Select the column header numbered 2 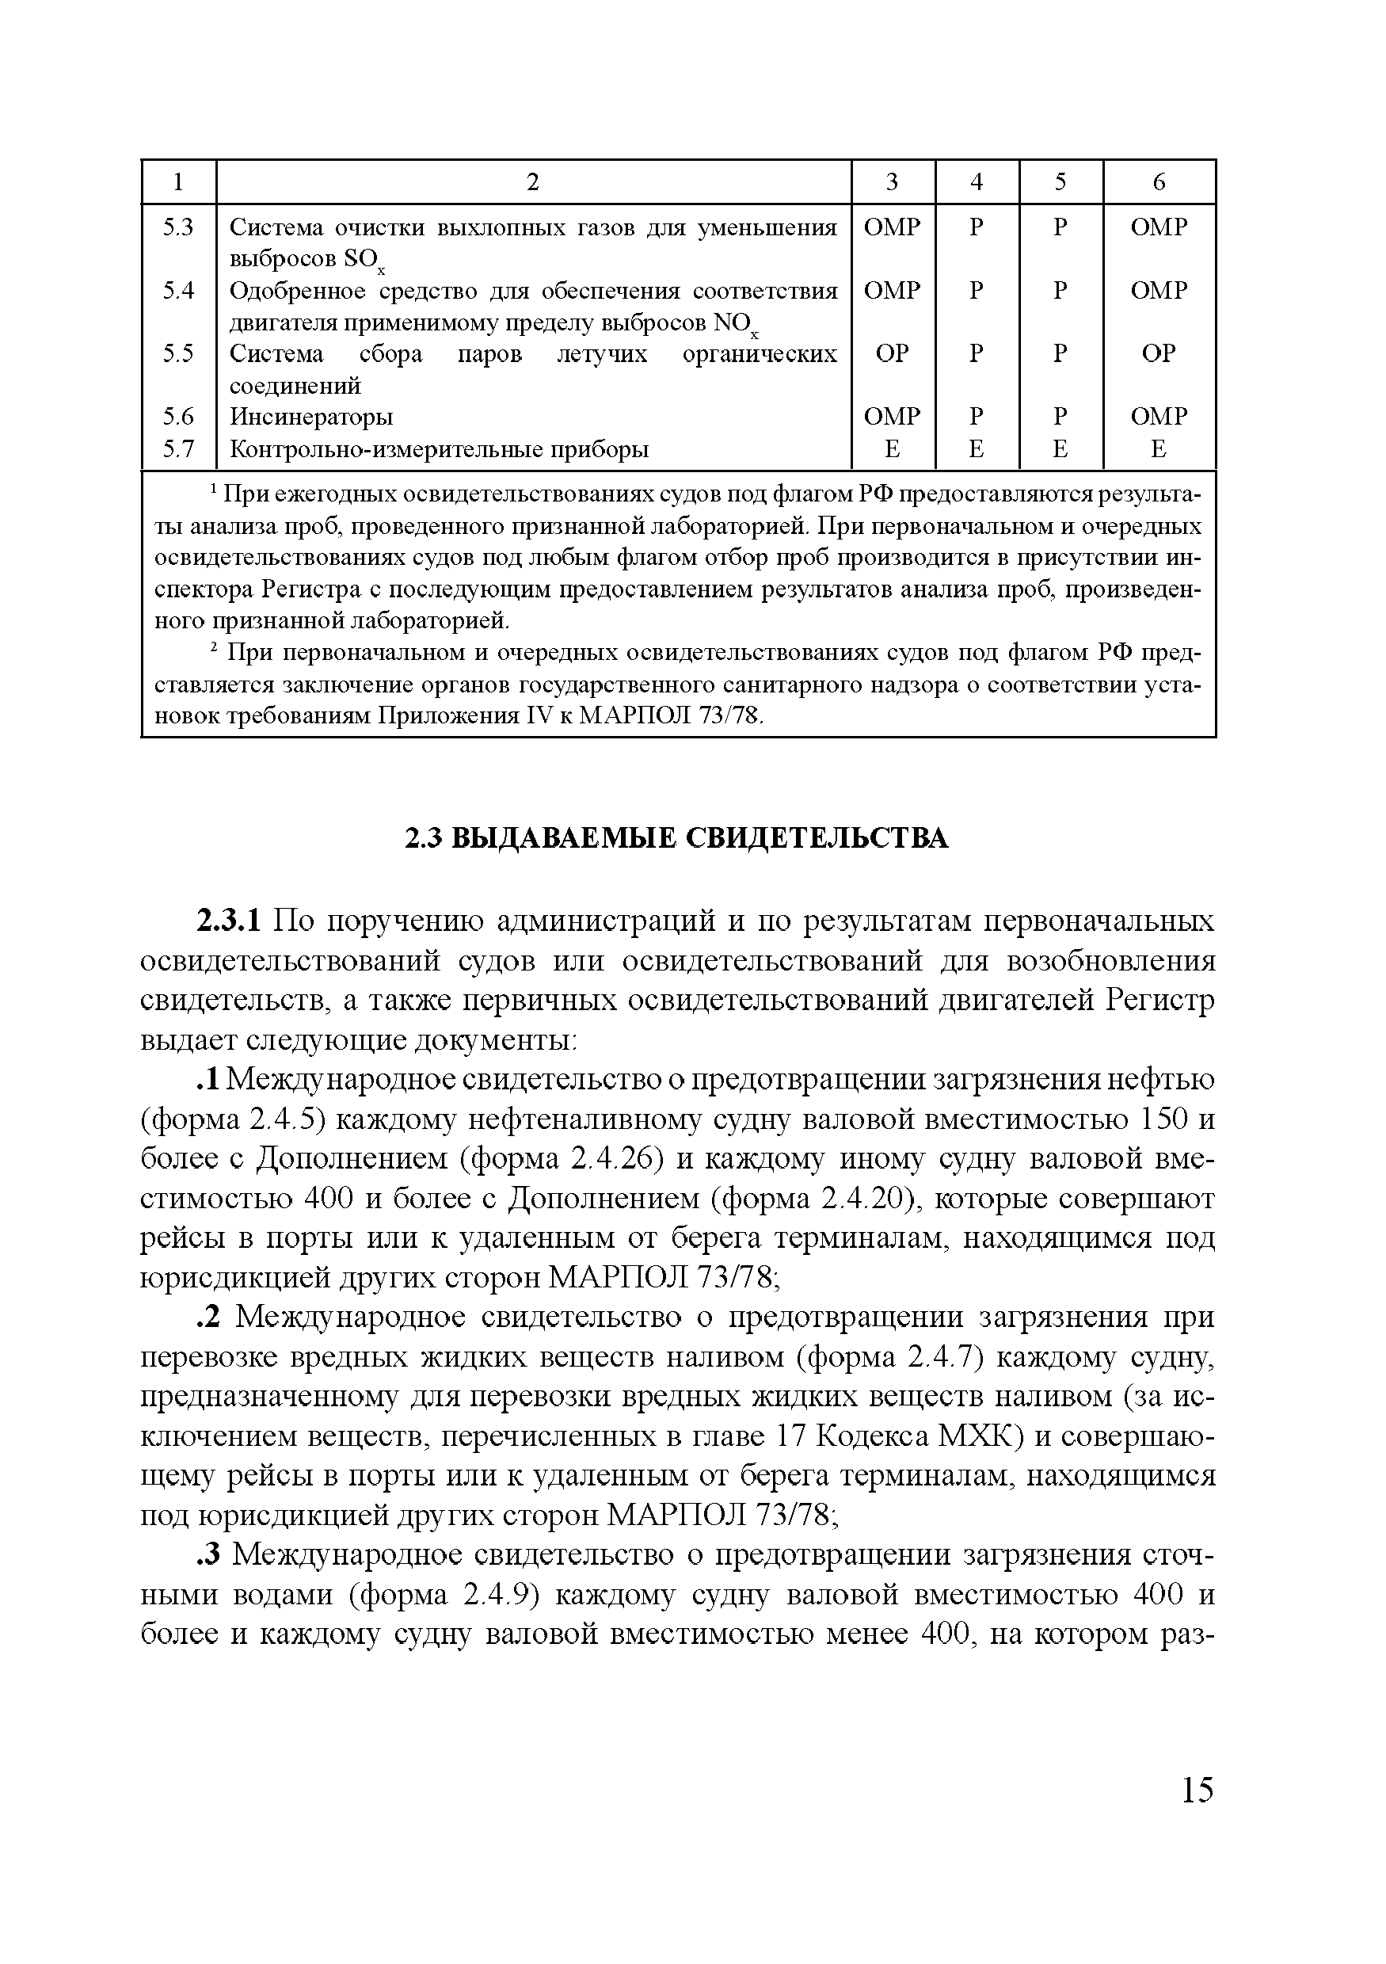coord(533,181)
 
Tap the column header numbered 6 coord(1159,181)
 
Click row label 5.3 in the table coord(179,227)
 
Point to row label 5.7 coord(179,448)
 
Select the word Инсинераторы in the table coord(312,417)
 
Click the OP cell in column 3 coord(892,353)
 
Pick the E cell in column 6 coord(1159,448)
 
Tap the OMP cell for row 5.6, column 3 coord(892,417)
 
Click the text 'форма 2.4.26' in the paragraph coord(562,1159)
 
